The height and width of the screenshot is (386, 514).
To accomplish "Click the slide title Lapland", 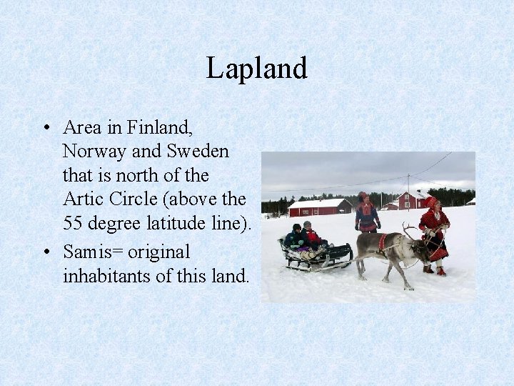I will coord(256,69).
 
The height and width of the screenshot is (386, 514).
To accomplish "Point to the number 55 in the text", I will coord(72,222).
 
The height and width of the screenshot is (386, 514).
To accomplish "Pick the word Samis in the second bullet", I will coord(86,252).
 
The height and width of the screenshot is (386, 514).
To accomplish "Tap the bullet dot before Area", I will coord(45,129).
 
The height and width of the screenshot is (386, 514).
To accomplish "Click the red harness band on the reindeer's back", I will coord(382,242).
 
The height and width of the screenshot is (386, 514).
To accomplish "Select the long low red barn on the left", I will coord(319,207).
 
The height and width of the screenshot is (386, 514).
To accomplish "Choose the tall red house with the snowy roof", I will coord(413,199).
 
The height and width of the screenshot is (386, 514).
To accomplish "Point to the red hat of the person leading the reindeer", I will coord(430,202).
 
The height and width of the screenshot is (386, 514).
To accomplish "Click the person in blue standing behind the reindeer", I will coord(367,214).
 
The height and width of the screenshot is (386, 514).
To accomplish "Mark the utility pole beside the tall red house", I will coord(408,189).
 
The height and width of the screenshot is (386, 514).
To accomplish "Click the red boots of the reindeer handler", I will coord(434,270).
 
